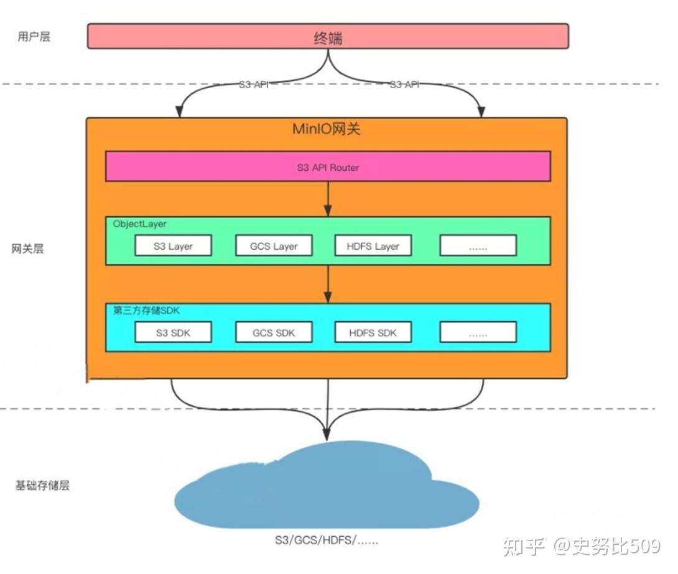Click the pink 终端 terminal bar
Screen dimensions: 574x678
pyautogui.click(x=328, y=36)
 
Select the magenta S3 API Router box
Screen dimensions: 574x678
pyautogui.click(x=328, y=167)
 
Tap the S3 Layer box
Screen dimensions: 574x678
pyautogui.click(x=173, y=246)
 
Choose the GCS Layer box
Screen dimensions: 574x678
pyautogui.click(x=274, y=246)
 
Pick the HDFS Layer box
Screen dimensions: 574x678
pyautogui.click(x=373, y=246)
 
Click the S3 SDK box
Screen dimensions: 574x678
pyautogui.click(x=173, y=332)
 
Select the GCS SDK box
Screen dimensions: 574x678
pyautogui.click(x=274, y=332)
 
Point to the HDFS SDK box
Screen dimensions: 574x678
pyautogui.click(x=373, y=332)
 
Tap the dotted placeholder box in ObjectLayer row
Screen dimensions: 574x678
pyautogui.click(x=478, y=246)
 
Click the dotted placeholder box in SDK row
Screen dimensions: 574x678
pyautogui.click(x=478, y=332)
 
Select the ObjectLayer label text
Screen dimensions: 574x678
pyautogui.click(x=140, y=224)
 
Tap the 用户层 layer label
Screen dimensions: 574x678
pyautogui.click(x=34, y=36)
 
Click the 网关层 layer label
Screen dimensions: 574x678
pyautogui.click(x=28, y=249)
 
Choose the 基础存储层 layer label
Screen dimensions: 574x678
pyautogui.click(x=42, y=485)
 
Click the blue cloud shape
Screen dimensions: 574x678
pyautogui.click(x=327, y=488)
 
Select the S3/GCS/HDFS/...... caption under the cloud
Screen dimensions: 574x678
pyautogui.click(x=327, y=540)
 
